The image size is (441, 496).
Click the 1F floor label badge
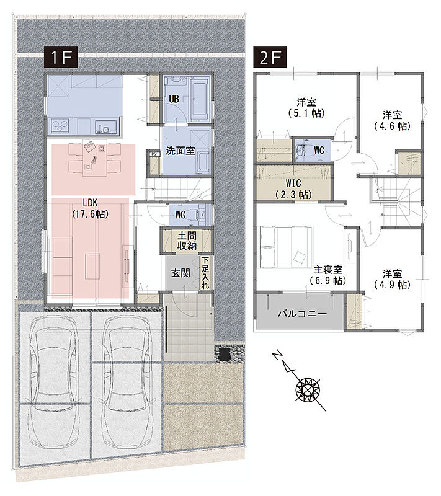pyautogui.click(x=61, y=57)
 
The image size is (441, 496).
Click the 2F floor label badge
pyautogui.click(x=270, y=57)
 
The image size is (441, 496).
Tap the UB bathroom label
pyautogui.click(x=174, y=99)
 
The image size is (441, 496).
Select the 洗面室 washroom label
pyautogui.click(x=180, y=151)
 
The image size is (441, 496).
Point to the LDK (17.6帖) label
pyautogui.click(x=91, y=208)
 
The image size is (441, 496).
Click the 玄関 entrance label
pyautogui.click(x=180, y=273)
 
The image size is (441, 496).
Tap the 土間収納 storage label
pyautogui.click(x=187, y=241)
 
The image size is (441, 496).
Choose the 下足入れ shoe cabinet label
pyautogui.click(x=205, y=272)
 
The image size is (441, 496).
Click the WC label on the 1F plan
pyautogui.click(x=180, y=215)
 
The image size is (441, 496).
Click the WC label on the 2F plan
pyautogui.click(x=319, y=150)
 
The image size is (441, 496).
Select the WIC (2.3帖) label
pyautogui.click(x=293, y=188)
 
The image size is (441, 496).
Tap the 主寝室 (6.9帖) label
pyautogui.click(x=328, y=275)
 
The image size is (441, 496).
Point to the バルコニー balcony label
pyautogui.click(x=302, y=314)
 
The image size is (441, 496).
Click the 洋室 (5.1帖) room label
pyautogui.click(x=306, y=108)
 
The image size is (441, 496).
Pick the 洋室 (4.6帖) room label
pyautogui.click(x=392, y=120)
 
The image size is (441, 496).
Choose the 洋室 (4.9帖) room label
pyautogui.click(x=392, y=279)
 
